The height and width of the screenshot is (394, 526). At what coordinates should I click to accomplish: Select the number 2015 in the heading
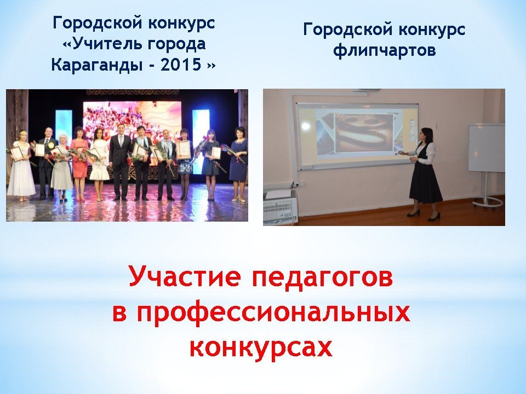pos(181,65)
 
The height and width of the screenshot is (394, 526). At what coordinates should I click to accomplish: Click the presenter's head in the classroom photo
pos(424,135)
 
